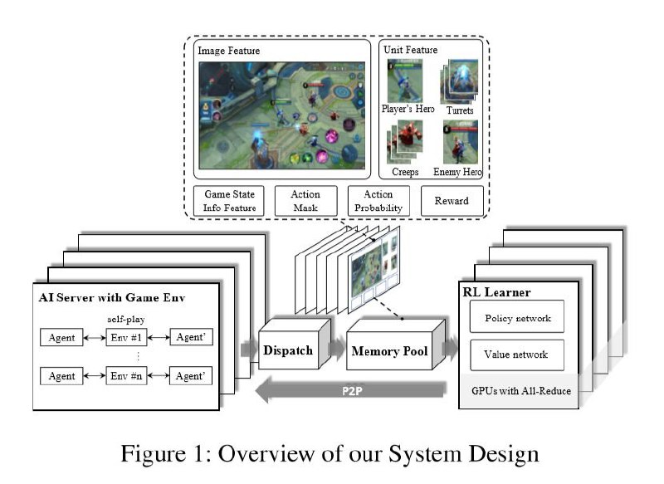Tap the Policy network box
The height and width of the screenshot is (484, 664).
click(517, 316)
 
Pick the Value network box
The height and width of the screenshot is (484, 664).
click(517, 354)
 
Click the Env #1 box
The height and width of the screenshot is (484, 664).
click(126, 338)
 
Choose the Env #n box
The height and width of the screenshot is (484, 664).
click(126, 375)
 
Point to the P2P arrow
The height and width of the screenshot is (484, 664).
click(350, 390)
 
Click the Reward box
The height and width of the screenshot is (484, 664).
click(452, 201)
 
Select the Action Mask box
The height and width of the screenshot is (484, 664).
click(305, 201)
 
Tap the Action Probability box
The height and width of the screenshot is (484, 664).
click(378, 201)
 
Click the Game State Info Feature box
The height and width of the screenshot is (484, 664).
click(229, 201)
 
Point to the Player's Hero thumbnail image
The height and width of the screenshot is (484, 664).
click(405, 81)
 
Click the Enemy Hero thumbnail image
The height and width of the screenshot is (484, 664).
click(461, 142)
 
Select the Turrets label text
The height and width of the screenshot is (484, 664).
click(460, 110)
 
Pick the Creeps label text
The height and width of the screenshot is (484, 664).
click(405, 172)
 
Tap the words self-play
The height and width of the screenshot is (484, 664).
click(126, 319)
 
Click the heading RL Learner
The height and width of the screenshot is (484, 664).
click(496, 292)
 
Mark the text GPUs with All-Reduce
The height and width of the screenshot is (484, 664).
click(521, 391)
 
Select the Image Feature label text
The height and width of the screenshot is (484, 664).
click(229, 51)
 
